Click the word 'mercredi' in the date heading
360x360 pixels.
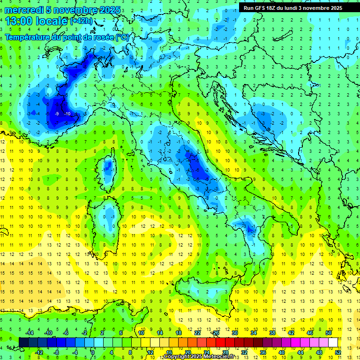pyautogui.click(x=24, y=10)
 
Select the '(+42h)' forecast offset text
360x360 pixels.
pyautogui.click(x=81, y=21)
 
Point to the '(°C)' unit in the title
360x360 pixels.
pyautogui.click(x=122, y=37)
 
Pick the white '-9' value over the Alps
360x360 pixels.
pyautogui.click(x=56, y=114)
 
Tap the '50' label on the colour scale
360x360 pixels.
pyautogui.click(x=328, y=333)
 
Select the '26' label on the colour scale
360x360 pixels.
pyautogui.click(x=216, y=333)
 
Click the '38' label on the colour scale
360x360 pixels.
pyautogui.click(x=272, y=333)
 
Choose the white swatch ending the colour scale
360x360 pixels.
pyautogui.click(x=333, y=342)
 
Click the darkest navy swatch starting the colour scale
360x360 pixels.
pyautogui.click(x=23, y=342)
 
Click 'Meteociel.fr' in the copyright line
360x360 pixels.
pyautogui.click(x=223, y=357)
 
